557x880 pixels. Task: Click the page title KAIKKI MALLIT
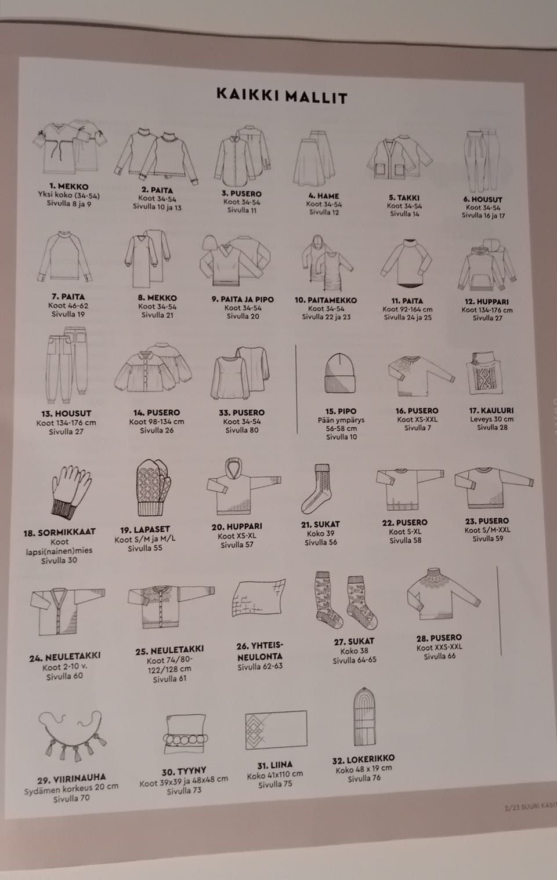[x=282, y=96]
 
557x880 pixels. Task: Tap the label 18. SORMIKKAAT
[x=59, y=532]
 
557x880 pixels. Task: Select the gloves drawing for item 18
[x=71, y=492]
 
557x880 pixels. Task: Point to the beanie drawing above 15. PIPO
[x=340, y=373]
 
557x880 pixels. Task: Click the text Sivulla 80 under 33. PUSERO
[x=242, y=430]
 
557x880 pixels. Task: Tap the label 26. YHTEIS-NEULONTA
[x=260, y=650]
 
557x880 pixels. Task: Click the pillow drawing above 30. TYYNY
[x=185, y=733]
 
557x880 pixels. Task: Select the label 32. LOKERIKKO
[x=363, y=760]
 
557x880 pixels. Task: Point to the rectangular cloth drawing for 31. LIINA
[x=276, y=729]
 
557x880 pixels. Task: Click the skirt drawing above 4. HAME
[x=314, y=158]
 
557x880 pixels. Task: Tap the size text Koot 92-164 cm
[x=407, y=309]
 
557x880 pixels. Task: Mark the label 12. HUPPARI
[x=487, y=301]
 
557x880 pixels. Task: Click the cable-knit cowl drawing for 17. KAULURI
[x=484, y=373]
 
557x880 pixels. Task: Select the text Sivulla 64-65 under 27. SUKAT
[x=354, y=660]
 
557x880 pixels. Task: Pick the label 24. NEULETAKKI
[x=65, y=657]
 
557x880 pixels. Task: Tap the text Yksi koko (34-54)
[x=69, y=195]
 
